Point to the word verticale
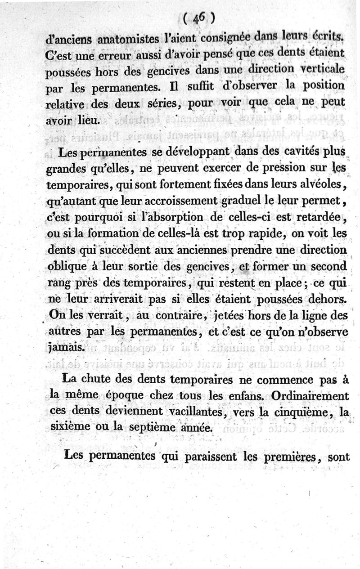click(x=320, y=70)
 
